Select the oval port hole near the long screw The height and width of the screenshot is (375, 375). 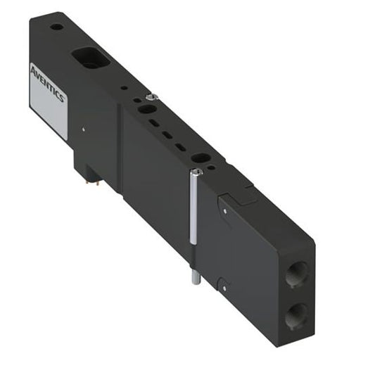pos(202,158)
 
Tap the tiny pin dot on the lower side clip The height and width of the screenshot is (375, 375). pos(224,287)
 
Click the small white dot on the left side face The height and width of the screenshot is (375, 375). pos(83,129)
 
